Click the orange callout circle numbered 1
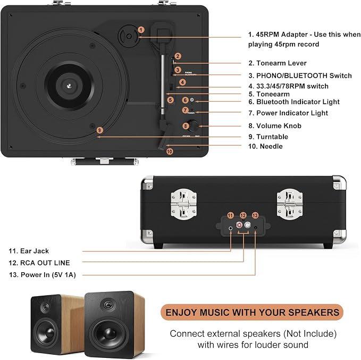tap(141, 30)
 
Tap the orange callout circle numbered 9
tap(99, 130)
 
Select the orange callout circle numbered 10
tap(170, 152)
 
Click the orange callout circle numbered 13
tap(255, 215)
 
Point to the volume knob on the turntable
tap(194, 125)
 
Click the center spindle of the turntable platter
tap(69, 86)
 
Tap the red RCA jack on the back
tap(239, 224)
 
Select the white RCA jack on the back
tap(247, 224)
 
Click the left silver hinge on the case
tap(184, 204)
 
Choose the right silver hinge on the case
tap(290, 204)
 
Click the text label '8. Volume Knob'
tap(275, 125)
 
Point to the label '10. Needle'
tap(265, 146)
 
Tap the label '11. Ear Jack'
tap(29, 251)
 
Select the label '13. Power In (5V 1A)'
tap(43, 275)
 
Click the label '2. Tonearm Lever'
tap(278, 63)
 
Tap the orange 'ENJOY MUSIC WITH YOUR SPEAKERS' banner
tap(252, 312)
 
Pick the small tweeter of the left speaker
tap(45, 307)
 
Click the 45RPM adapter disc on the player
tap(129, 36)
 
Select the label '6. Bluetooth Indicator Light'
tap(294, 102)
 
